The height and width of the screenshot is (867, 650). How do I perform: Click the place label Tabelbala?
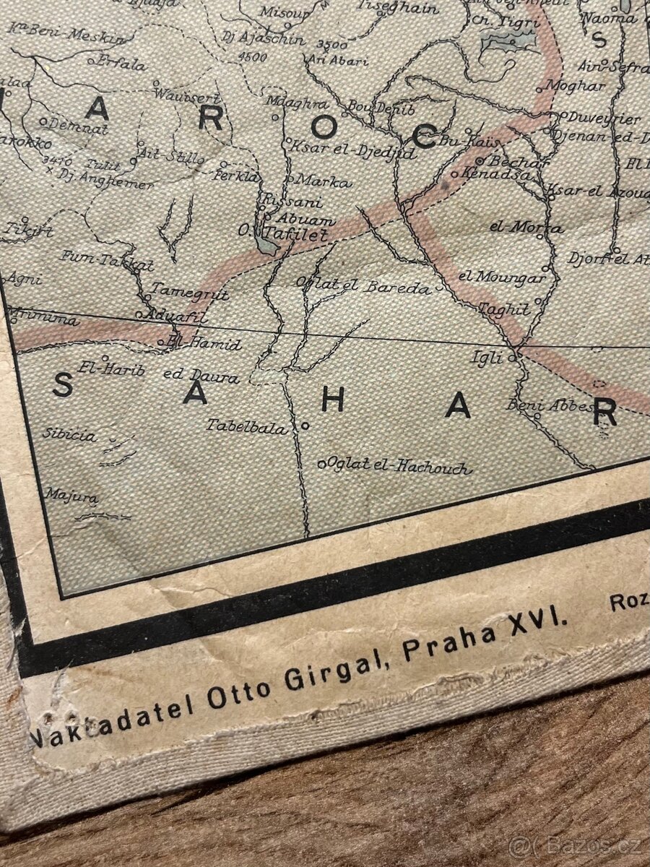[246, 426]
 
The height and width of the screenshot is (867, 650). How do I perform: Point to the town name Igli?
[485, 356]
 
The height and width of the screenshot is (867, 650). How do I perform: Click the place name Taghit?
[503, 309]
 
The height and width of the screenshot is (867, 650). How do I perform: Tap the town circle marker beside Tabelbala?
[305, 426]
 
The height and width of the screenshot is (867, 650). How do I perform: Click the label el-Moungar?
[501, 277]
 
